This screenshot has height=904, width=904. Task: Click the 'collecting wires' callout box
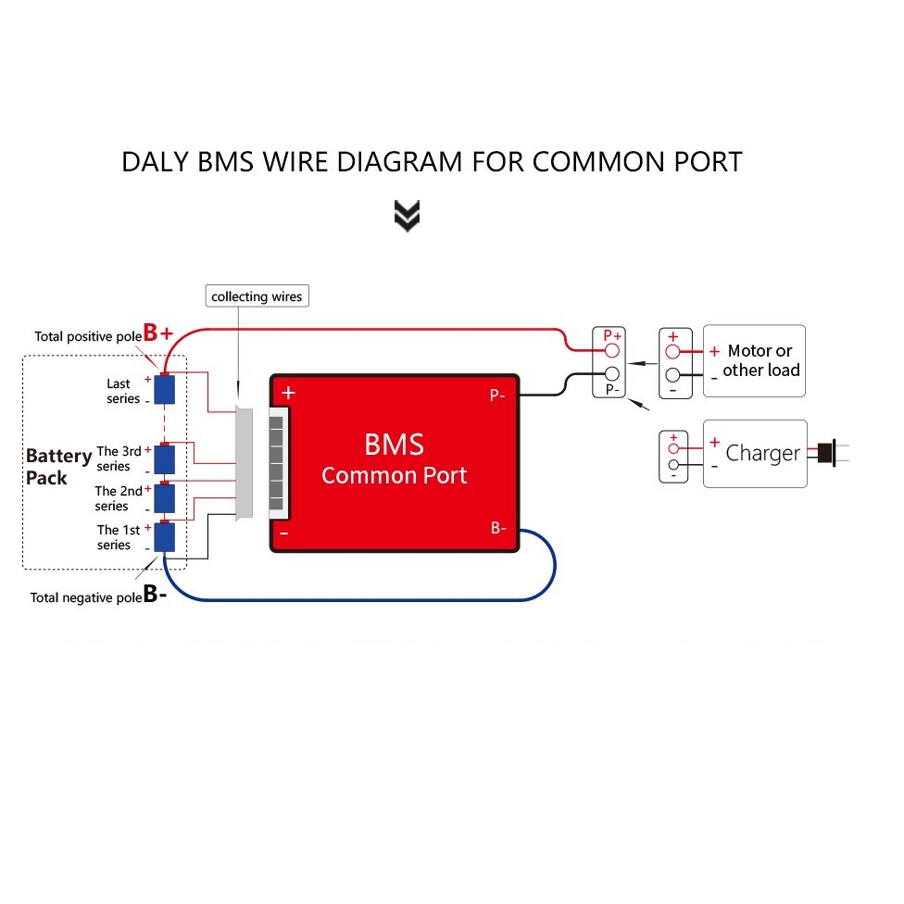coord(257,295)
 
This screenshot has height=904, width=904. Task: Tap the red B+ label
coord(158,333)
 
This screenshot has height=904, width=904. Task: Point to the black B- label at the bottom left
coord(155,593)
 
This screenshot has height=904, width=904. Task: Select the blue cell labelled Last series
coord(164,390)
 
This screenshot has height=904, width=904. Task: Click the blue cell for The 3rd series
coord(164,458)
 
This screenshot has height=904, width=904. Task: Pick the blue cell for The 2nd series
coord(164,498)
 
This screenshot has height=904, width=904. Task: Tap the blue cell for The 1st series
coord(164,537)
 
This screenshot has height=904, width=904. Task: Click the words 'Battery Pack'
coord(58,467)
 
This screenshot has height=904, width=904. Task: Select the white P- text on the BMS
coord(497,395)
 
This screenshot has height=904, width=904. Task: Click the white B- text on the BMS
coord(498,528)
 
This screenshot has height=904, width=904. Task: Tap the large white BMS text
coord(395,445)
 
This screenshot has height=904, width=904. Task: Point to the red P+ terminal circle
coord(611,350)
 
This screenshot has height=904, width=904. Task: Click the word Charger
coord(763,454)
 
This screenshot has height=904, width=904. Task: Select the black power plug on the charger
coord(827,453)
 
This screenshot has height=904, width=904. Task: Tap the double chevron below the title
coord(407,216)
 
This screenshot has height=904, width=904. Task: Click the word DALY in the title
coord(155,162)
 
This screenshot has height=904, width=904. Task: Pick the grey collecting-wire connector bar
coord(244,463)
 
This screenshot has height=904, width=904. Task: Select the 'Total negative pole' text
coord(86,597)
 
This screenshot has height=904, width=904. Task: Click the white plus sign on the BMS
coord(288,393)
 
